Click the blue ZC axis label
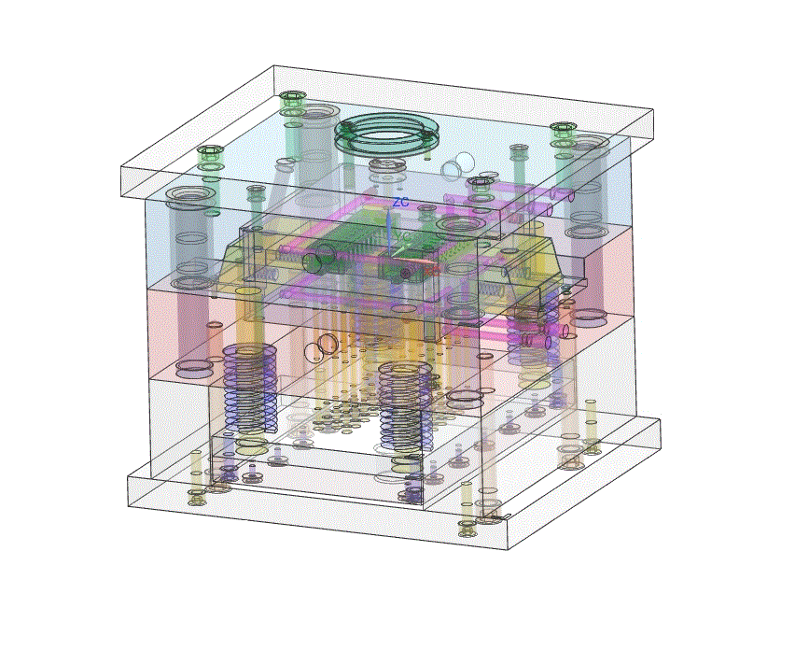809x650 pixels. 400,202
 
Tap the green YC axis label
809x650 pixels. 403,236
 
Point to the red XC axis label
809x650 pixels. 432,270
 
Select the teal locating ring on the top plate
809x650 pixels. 385,133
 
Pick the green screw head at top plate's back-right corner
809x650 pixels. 563,128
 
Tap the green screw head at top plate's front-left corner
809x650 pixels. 209,151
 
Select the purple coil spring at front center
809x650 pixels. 406,405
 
